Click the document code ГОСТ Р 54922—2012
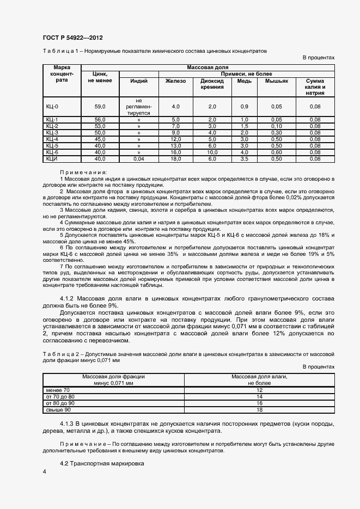pyautogui.click(x=72, y=38)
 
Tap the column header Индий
pyautogui.click(x=139, y=81)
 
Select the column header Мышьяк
pyautogui.click(x=277, y=81)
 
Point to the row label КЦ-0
pyautogui.click(x=52, y=107)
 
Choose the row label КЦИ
pyautogui.click(x=52, y=159)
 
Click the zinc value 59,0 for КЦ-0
pyautogui.click(x=100, y=107)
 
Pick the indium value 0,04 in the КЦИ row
pyautogui.click(x=139, y=159)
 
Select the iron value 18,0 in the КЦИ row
pyautogui.click(x=175, y=159)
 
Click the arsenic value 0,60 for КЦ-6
pyautogui.click(x=277, y=152)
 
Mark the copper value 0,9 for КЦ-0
pyautogui.click(x=244, y=107)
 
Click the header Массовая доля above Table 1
pyautogui.click(x=207, y=67)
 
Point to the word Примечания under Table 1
pyautogui.click(x=83, y=172)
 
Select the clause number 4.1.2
pyautogui.click(x=68, y=299)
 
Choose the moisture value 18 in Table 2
pyautogui.click(x=259, y=410)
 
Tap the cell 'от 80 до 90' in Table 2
pyautogui.click(x=60, y=403)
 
